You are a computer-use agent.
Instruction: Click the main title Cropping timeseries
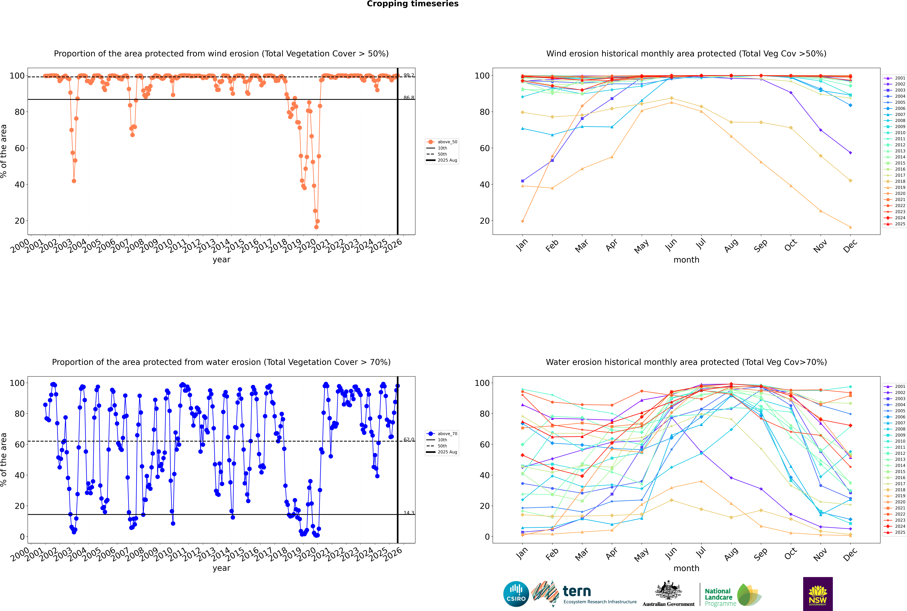413,4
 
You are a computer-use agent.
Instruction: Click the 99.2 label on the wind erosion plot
409,75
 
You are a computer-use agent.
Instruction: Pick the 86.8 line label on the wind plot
409,98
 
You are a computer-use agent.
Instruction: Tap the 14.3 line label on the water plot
409,513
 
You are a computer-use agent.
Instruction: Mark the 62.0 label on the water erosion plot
409,440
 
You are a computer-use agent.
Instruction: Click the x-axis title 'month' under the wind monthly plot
686,260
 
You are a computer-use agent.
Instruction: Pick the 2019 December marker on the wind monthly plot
850,227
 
